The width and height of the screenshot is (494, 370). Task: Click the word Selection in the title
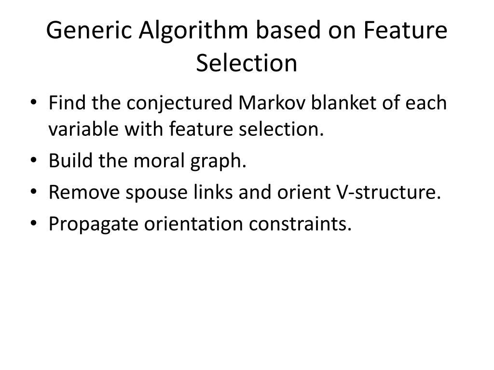coord(247,63)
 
